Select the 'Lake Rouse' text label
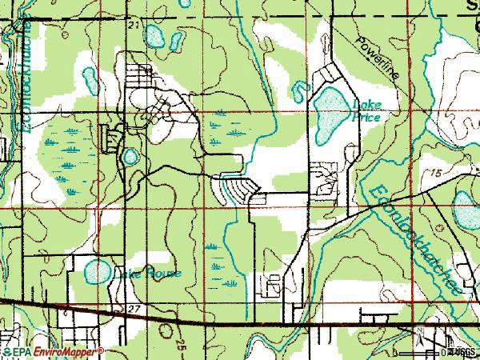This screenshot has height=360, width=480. [x=150, y=274]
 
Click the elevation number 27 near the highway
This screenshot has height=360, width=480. [x=134, y=308]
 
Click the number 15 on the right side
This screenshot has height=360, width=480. [x=434, y=173]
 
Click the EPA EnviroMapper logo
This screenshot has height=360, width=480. [x=52, y=351]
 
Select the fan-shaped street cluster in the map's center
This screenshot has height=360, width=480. [x=235, y=189]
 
